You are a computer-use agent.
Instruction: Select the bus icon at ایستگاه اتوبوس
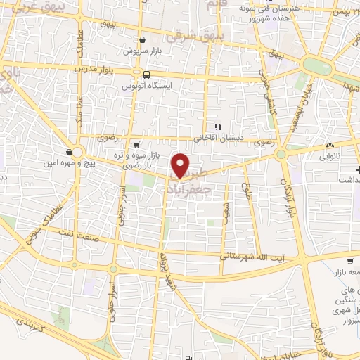pos(146,75)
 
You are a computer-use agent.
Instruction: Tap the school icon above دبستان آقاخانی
pos(218,127)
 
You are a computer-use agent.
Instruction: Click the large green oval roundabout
pos(317,67)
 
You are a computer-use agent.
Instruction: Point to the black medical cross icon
pos(357,169)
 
